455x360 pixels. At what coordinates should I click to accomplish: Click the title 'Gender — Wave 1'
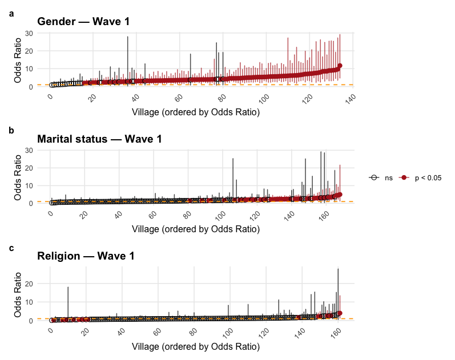(x=83, y=22)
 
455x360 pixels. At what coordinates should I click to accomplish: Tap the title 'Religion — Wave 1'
(x=86, y=256)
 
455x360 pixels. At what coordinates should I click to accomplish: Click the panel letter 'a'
(x=12, y=11)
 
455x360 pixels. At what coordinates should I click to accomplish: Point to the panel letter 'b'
(x=12, y=130)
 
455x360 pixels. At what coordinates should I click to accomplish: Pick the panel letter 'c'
(x=12, y=248)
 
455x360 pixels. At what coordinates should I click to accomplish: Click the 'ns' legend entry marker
(x=375, y=178)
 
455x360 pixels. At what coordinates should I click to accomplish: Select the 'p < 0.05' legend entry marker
(x=404, y=178)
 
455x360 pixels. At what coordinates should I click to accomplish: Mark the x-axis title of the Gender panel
(x=196, y=112)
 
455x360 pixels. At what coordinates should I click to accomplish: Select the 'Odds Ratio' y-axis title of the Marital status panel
(x=18, y=176)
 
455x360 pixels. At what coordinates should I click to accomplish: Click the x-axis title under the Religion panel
(x=196, y=346)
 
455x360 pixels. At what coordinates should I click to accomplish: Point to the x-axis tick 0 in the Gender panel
(x=51, y=98)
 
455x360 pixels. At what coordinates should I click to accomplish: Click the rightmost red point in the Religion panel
(x=340, y=313)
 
